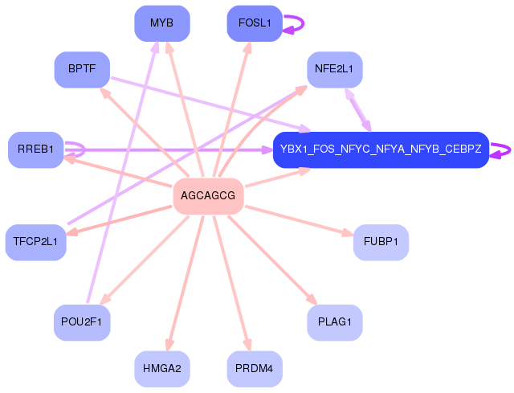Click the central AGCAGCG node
click(208, 196)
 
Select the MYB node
click(161, 23)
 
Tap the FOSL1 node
click(255, 23)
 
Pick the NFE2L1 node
click(334, 69)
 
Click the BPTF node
click(82, 69)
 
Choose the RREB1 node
click(35, 149)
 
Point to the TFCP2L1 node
click(35, 242)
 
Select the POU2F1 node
click(82, 322)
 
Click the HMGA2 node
click(161, 369)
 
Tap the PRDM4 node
click(255, 369)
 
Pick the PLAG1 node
click(334, 322)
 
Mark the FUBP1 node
click(381, 242)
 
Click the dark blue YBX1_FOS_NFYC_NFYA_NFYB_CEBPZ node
click(381, 149)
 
